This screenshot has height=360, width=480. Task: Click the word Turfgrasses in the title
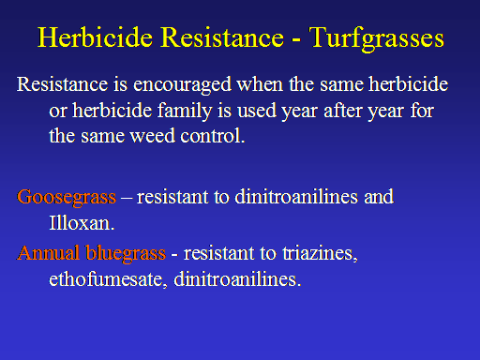click(377, 38)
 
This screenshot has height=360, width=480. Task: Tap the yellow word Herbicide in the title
click(95, 37)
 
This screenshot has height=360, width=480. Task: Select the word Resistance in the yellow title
click(222, 37)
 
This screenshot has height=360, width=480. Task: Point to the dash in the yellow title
click(296, 40)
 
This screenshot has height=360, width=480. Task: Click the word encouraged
click(182, 85)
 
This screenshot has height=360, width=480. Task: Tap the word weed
click(152, 136)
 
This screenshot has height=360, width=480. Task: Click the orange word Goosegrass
click(67, 198)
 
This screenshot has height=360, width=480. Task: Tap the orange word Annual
click(48, 253)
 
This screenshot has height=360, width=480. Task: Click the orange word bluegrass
click(126, 254)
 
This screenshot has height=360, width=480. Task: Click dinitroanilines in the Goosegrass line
click(296, 197)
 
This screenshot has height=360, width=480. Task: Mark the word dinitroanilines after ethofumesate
click(234, 279)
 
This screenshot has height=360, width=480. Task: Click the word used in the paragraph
click(257, 111)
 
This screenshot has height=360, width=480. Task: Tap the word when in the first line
click(260, 84)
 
